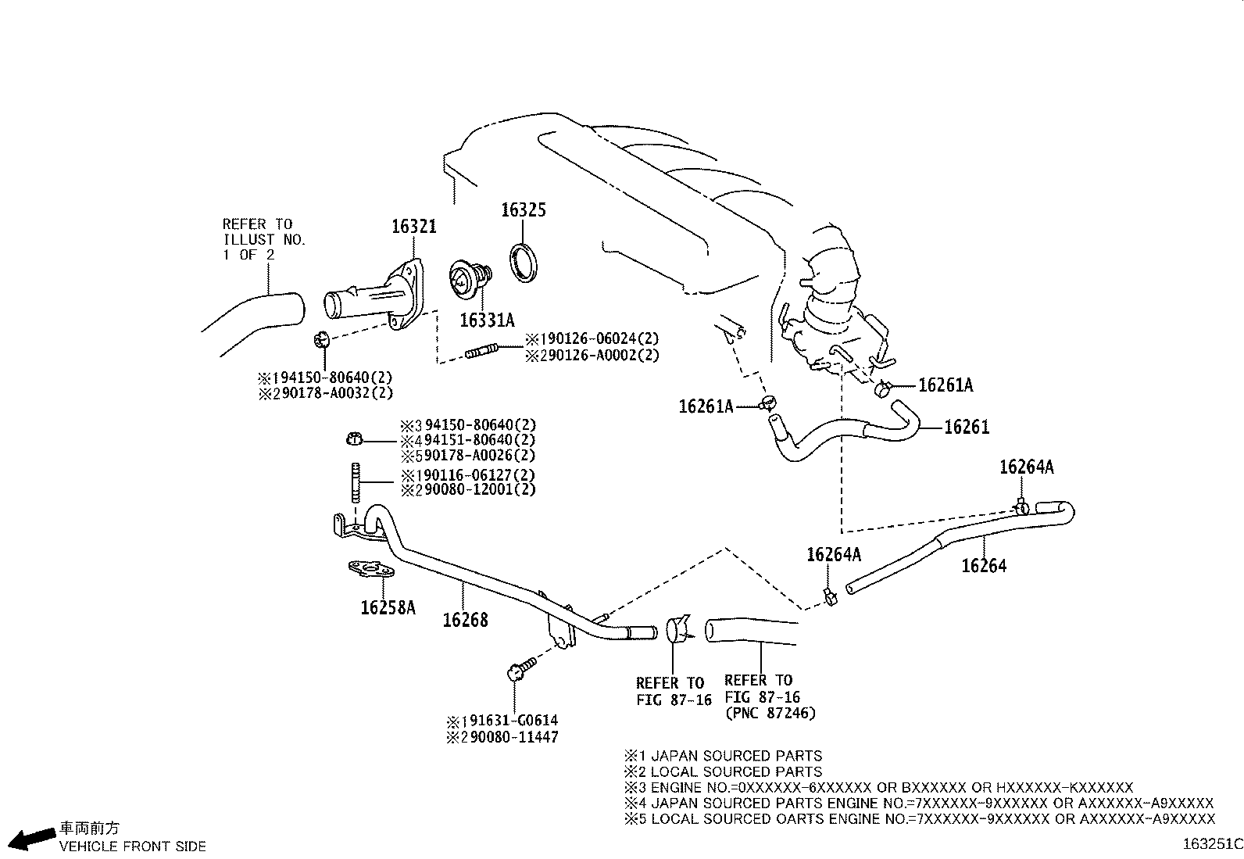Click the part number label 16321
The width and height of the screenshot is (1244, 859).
point(413,227)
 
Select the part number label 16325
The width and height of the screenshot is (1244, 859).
point(523,209)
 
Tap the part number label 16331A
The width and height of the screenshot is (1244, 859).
point(487,320)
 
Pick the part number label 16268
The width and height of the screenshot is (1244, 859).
point(465,620)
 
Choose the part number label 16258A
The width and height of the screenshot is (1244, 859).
point(388,607)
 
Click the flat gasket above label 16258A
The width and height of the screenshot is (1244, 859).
point(369,570)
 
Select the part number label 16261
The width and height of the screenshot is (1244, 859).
point(967,427)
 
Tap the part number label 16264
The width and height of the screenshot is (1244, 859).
point(984,565)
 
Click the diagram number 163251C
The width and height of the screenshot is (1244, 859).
point(1212,844)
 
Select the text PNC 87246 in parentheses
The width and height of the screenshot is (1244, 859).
point(770,713)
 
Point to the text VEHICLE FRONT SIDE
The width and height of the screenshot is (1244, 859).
point(133,846)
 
